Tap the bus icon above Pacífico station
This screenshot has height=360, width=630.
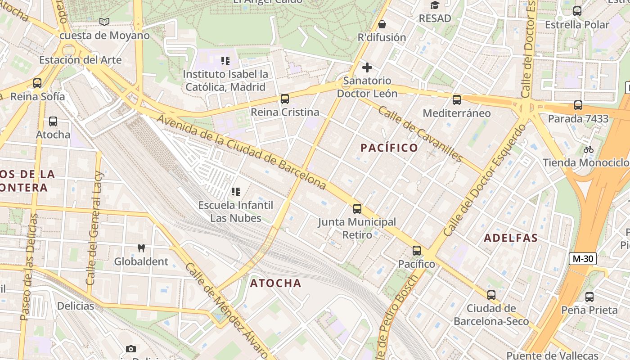(x=417, y=251)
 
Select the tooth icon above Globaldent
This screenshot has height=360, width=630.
(x=141, y=248)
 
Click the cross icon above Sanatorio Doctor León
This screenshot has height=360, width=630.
(x=367, y=67)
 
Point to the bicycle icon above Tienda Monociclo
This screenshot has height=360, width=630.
(x=588, y=149)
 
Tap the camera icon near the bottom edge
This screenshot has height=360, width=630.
(x=131, y=349)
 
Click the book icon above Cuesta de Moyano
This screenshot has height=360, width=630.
(x=104, y=22)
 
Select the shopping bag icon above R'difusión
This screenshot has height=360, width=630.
(x=382, y=24)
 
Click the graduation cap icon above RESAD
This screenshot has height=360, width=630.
(x=434, y=5)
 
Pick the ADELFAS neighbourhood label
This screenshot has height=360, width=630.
(x=511, y=238)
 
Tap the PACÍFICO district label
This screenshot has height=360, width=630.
(x=389, y=148)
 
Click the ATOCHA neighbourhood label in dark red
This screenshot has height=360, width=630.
(x=275, y=283)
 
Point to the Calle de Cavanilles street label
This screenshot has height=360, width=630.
(x=420, y=134)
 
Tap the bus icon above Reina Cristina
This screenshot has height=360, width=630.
(x=284, y=99)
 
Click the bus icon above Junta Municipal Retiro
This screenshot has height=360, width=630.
(x=357, y=209)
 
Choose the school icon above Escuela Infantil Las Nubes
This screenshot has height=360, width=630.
(x=235, y=192)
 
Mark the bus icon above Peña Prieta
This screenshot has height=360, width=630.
(x=589, y=297)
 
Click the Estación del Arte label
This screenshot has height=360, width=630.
(x=80, y=60)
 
